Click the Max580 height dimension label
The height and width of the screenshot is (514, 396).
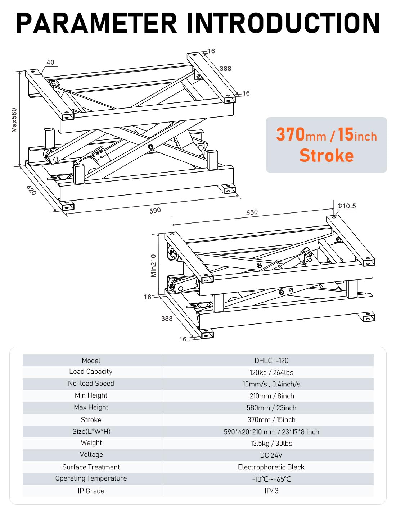pos(14,120)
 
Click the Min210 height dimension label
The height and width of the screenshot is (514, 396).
pos(154,266)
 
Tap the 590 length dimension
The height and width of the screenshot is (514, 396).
pos(155,211)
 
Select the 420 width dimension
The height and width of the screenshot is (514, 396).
pos(31,191)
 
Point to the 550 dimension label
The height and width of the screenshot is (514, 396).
pos(252,212)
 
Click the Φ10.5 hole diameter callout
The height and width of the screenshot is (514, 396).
pos(347,206)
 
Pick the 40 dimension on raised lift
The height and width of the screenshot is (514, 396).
pos(50,63)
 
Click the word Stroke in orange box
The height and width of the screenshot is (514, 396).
pos(327,156)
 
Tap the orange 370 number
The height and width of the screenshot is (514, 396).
pos(291,135)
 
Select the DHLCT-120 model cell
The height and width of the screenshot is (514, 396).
pos(271,361)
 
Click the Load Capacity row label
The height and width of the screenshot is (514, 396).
pos(91,372)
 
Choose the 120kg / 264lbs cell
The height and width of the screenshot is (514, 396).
pos(271,372)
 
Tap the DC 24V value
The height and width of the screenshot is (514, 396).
pos(271,455)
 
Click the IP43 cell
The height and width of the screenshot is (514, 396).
pos(271,491)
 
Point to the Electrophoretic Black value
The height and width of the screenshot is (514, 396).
pos(271,467)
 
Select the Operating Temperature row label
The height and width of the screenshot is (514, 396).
pos(91,478)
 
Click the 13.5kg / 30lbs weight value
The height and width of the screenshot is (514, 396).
pos(271,443)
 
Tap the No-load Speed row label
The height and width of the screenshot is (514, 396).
pos(91,384)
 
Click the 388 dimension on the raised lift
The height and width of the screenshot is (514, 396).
pos(226,69)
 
